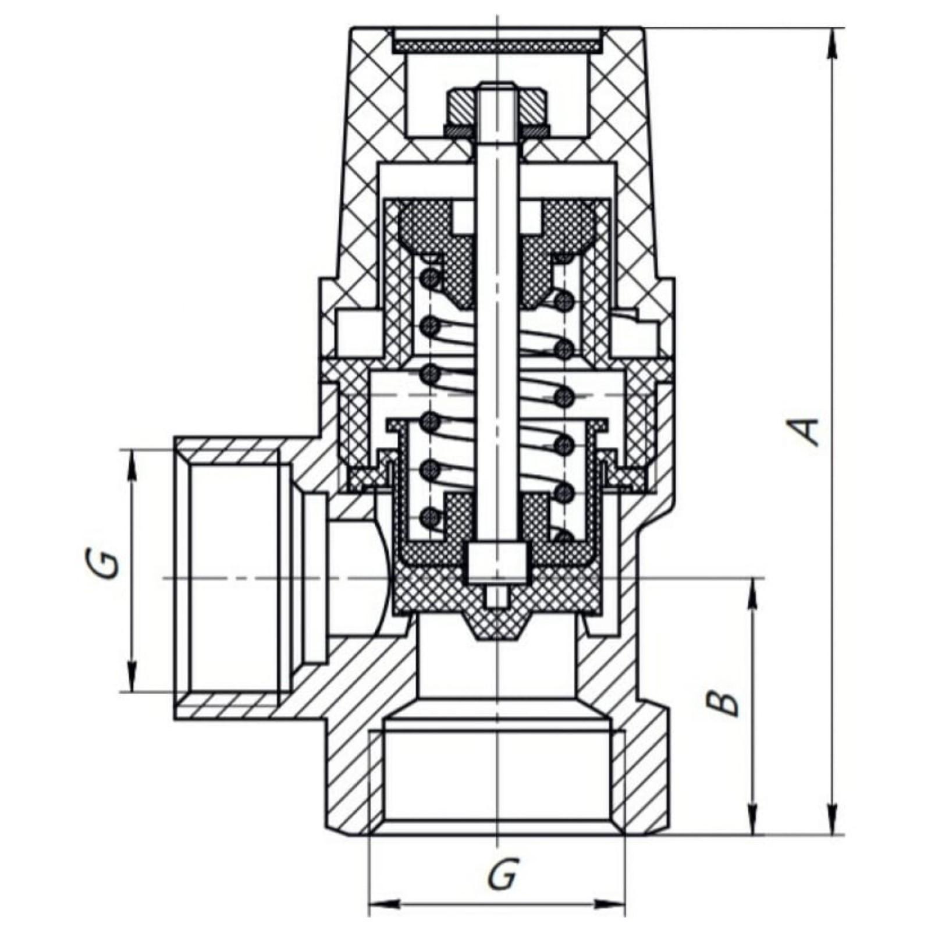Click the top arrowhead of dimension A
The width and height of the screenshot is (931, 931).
(x=833, y=41)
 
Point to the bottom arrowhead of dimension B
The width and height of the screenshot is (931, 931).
(x=754, y=820)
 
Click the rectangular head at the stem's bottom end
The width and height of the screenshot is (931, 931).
(x=496, y=562)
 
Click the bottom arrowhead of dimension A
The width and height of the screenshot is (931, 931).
(x=833, y=820)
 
